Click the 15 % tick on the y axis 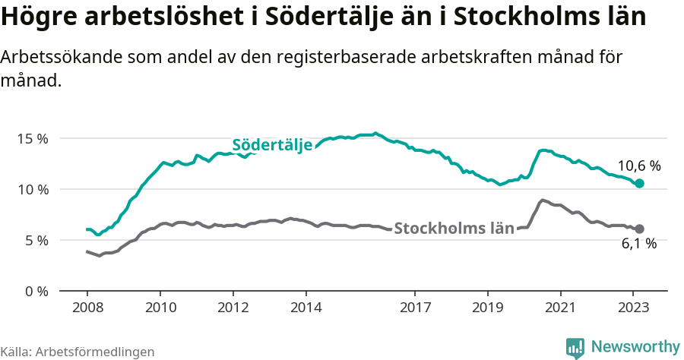click(x=33, y=138)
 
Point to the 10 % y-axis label click(x=33, y=189)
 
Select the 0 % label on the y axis click(x=36, y=291)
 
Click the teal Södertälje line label click(x=272, y=145)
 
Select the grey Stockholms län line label click(x=454, y=228)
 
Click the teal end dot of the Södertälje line click(x=639, y=183)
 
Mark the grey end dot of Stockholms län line click(x=639, y=229)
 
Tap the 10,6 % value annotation click(x=638, y=166)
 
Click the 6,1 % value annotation click(x=638, y=244)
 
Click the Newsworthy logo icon click(x=575, y=347)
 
